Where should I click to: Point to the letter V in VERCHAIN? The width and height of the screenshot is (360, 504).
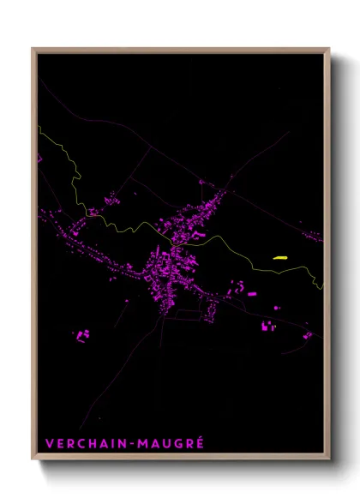49,444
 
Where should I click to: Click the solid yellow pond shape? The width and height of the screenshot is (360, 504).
279,257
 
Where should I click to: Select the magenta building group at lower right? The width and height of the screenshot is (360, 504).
268,326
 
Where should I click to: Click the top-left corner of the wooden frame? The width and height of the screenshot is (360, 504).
33,50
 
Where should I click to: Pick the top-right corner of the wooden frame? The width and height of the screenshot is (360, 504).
328,50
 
